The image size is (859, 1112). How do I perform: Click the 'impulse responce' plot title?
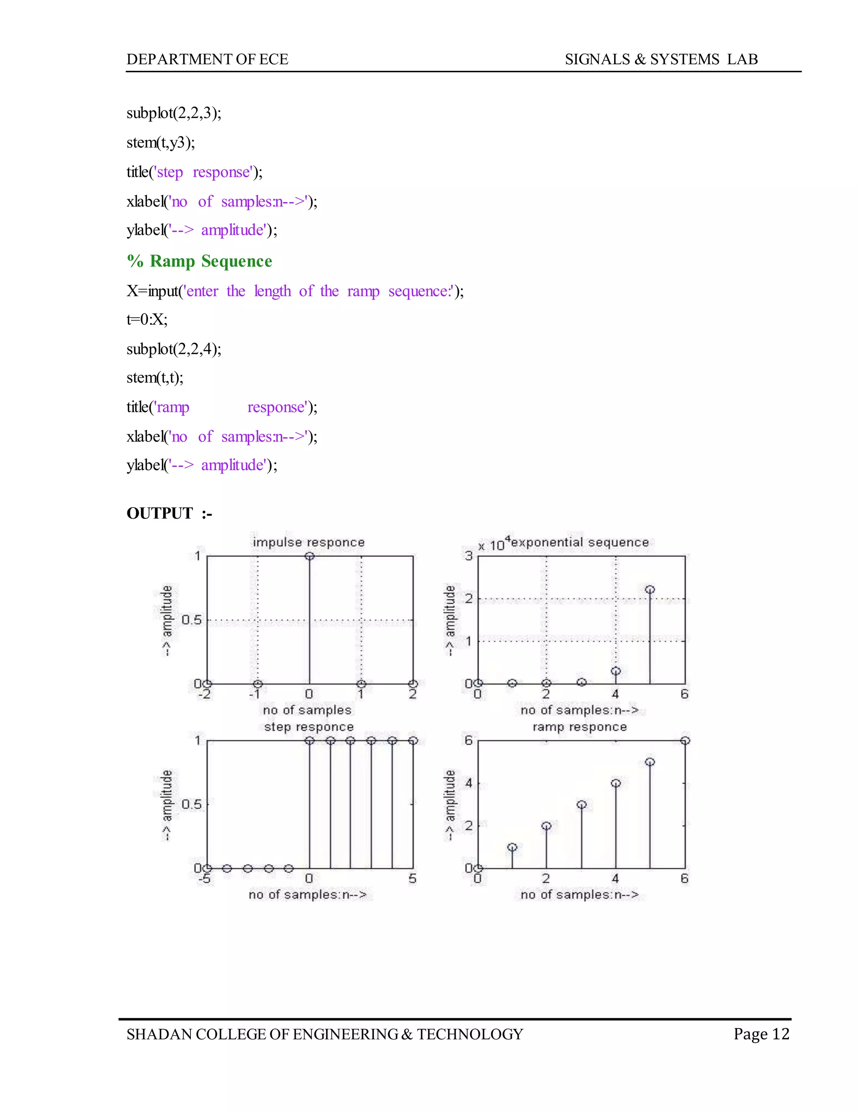[x=308, y=542]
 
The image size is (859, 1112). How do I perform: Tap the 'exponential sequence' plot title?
[x=580, y=542]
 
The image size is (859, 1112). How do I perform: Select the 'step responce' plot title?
[x=308, y=726]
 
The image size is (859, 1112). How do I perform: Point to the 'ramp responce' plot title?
[x=580, y=726]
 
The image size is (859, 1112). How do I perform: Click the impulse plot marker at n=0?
[x=310, y=556]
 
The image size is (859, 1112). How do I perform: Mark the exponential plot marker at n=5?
[x=650, y=590]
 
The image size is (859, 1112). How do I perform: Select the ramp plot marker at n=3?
[x=582, y=804]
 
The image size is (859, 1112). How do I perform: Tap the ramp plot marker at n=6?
[x=685, y=740]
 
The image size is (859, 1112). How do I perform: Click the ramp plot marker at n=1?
[x=513, y=847]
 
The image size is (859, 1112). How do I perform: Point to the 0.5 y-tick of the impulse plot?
[x=191, y=620]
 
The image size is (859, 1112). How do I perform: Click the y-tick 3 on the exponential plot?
[x=469, y=556]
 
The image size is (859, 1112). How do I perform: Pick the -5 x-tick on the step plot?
[x=204, y=878]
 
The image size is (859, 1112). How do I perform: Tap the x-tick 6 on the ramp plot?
[x=685, y=878]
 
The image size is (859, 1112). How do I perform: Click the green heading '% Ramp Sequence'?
[x=200, y=261]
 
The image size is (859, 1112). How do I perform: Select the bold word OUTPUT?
[x=160, y=513]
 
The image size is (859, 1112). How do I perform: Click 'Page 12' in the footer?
[x=761, y=1034]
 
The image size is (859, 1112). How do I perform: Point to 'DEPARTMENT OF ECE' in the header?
[x=207, y=60]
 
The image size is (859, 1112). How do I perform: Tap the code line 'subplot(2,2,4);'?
[x=174, y=349]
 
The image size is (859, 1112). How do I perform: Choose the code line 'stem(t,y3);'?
[x=161, y=143]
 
